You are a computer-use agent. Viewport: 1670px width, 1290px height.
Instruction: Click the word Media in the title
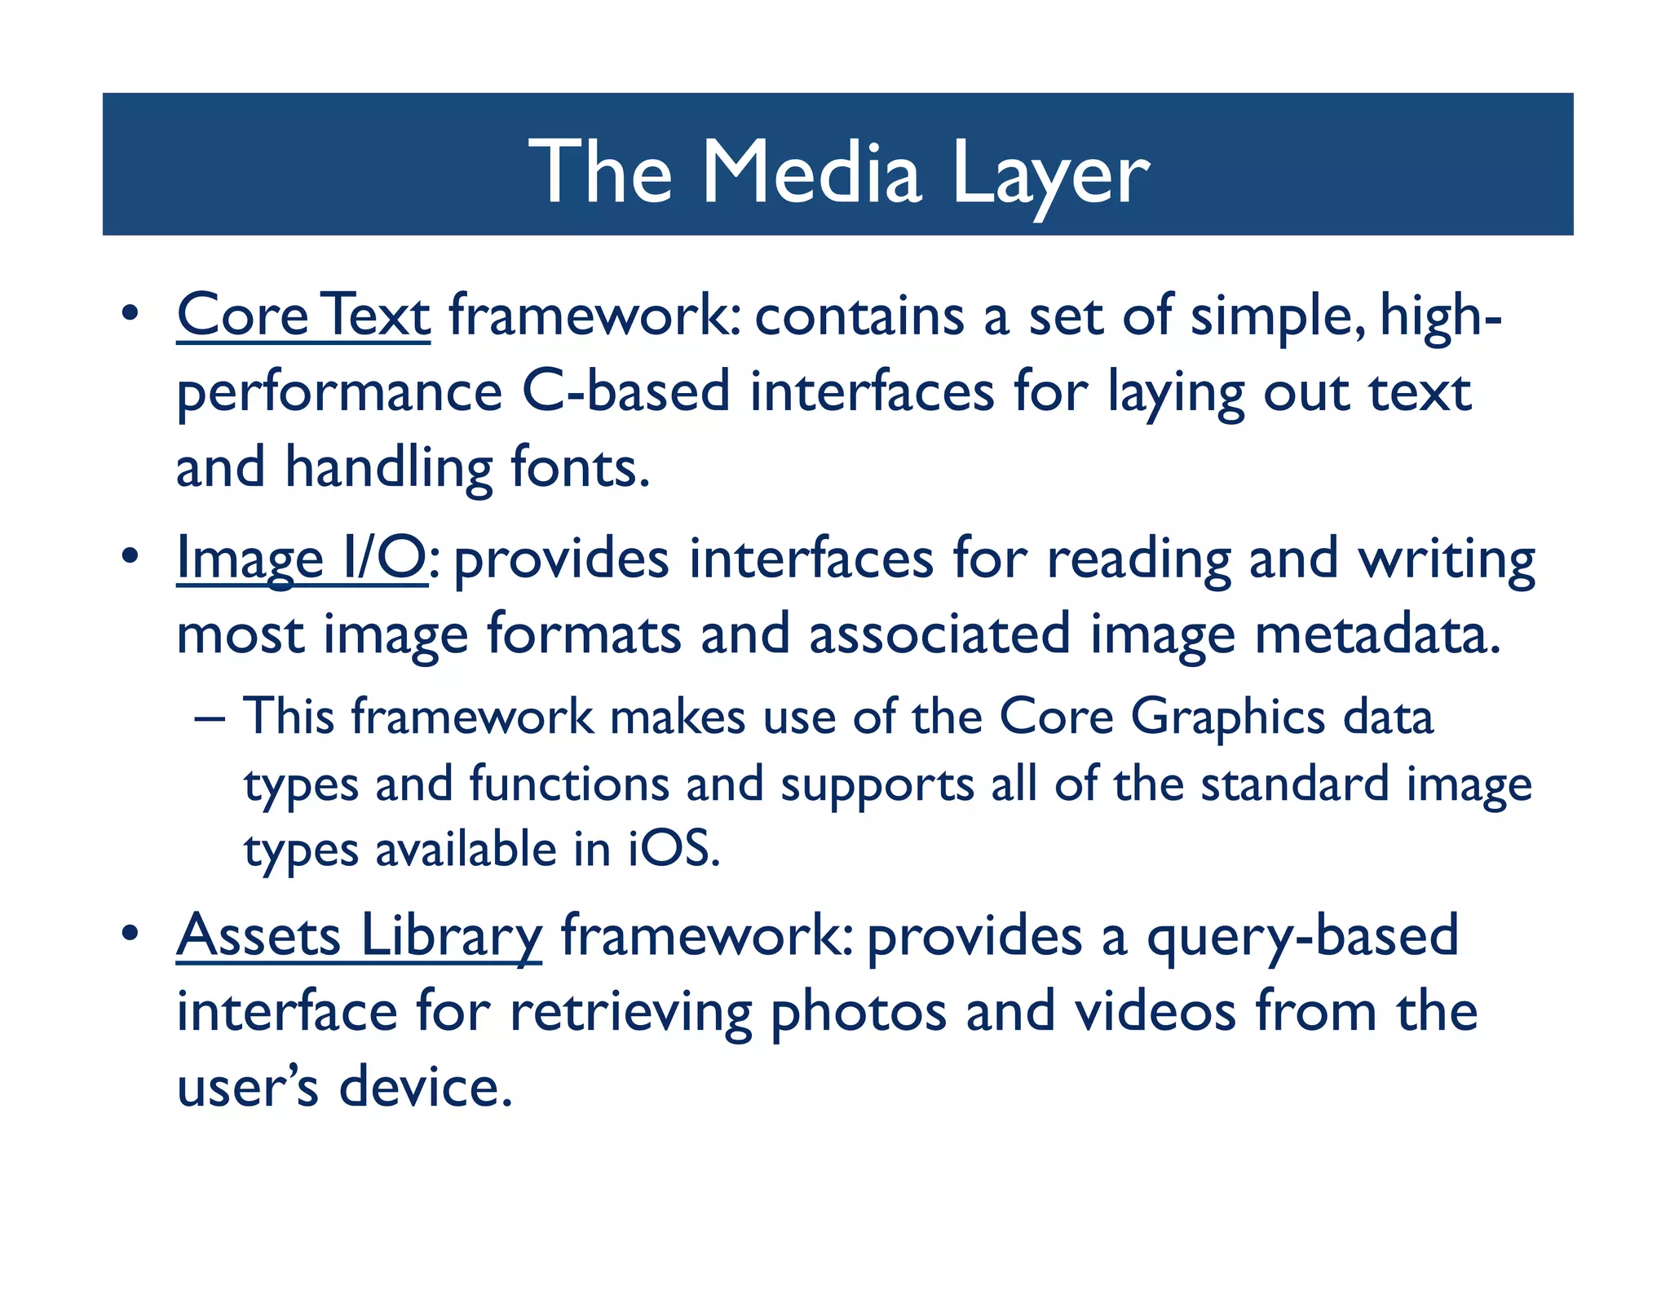coord(811,172)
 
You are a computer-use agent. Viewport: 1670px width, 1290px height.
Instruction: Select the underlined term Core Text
coord(303,316)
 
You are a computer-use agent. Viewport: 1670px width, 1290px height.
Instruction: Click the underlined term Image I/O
coord(302,559)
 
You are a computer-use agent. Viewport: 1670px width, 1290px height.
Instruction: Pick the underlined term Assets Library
coord(359,936)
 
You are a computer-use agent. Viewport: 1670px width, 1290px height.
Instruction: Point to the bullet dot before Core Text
coord(128,314)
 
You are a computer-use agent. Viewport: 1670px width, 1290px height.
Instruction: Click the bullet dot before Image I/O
coord(128,558)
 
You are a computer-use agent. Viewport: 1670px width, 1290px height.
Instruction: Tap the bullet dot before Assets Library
coord(128,934)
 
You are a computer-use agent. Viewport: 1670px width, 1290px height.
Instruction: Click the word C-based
coord(625,392)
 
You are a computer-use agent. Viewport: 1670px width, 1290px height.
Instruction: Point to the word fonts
coord(580,469)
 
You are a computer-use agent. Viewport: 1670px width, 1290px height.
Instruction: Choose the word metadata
coord(1377,634)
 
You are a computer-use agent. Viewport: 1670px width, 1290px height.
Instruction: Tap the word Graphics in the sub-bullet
coord(1228,718)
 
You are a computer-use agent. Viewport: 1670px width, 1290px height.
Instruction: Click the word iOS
coord(674,850)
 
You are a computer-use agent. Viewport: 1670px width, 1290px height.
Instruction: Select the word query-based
coord(1302,936)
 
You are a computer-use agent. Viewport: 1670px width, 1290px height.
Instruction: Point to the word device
coord(426,1088)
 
